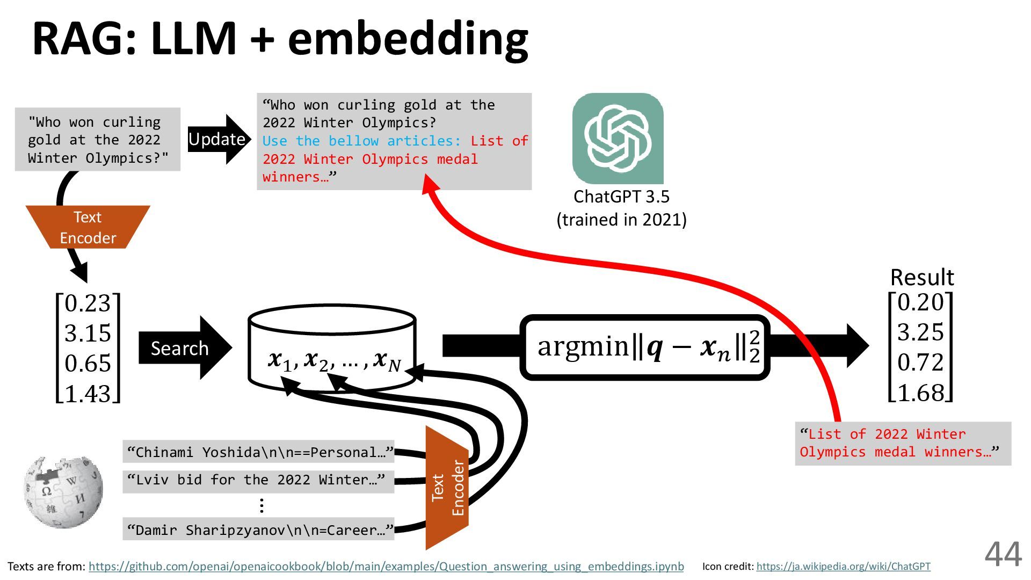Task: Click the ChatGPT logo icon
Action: click(618, 139)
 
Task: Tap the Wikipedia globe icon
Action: click(63, 492)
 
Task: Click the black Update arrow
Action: click(218, 139)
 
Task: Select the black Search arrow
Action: click(183, 348)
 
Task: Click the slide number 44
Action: click(1003, 554)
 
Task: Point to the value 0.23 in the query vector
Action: click(88, 304)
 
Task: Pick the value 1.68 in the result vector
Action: click(920, 393)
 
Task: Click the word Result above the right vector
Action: click(922, 278)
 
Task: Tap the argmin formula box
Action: click(645, 347)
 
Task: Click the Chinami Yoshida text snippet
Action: click(259, 452)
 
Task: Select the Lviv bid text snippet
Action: click(257, 480)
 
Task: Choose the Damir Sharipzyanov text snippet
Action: click(259, 531)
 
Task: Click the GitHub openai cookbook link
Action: click(386, 567)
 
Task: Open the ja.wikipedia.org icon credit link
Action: click(843, 567)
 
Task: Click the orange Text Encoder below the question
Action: click(88, 227)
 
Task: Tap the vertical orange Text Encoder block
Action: click(447, 488)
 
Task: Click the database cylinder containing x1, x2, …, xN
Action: click(332, 348)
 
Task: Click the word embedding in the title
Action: click(408, 39)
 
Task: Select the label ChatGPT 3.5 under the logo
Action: click(621, 197)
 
